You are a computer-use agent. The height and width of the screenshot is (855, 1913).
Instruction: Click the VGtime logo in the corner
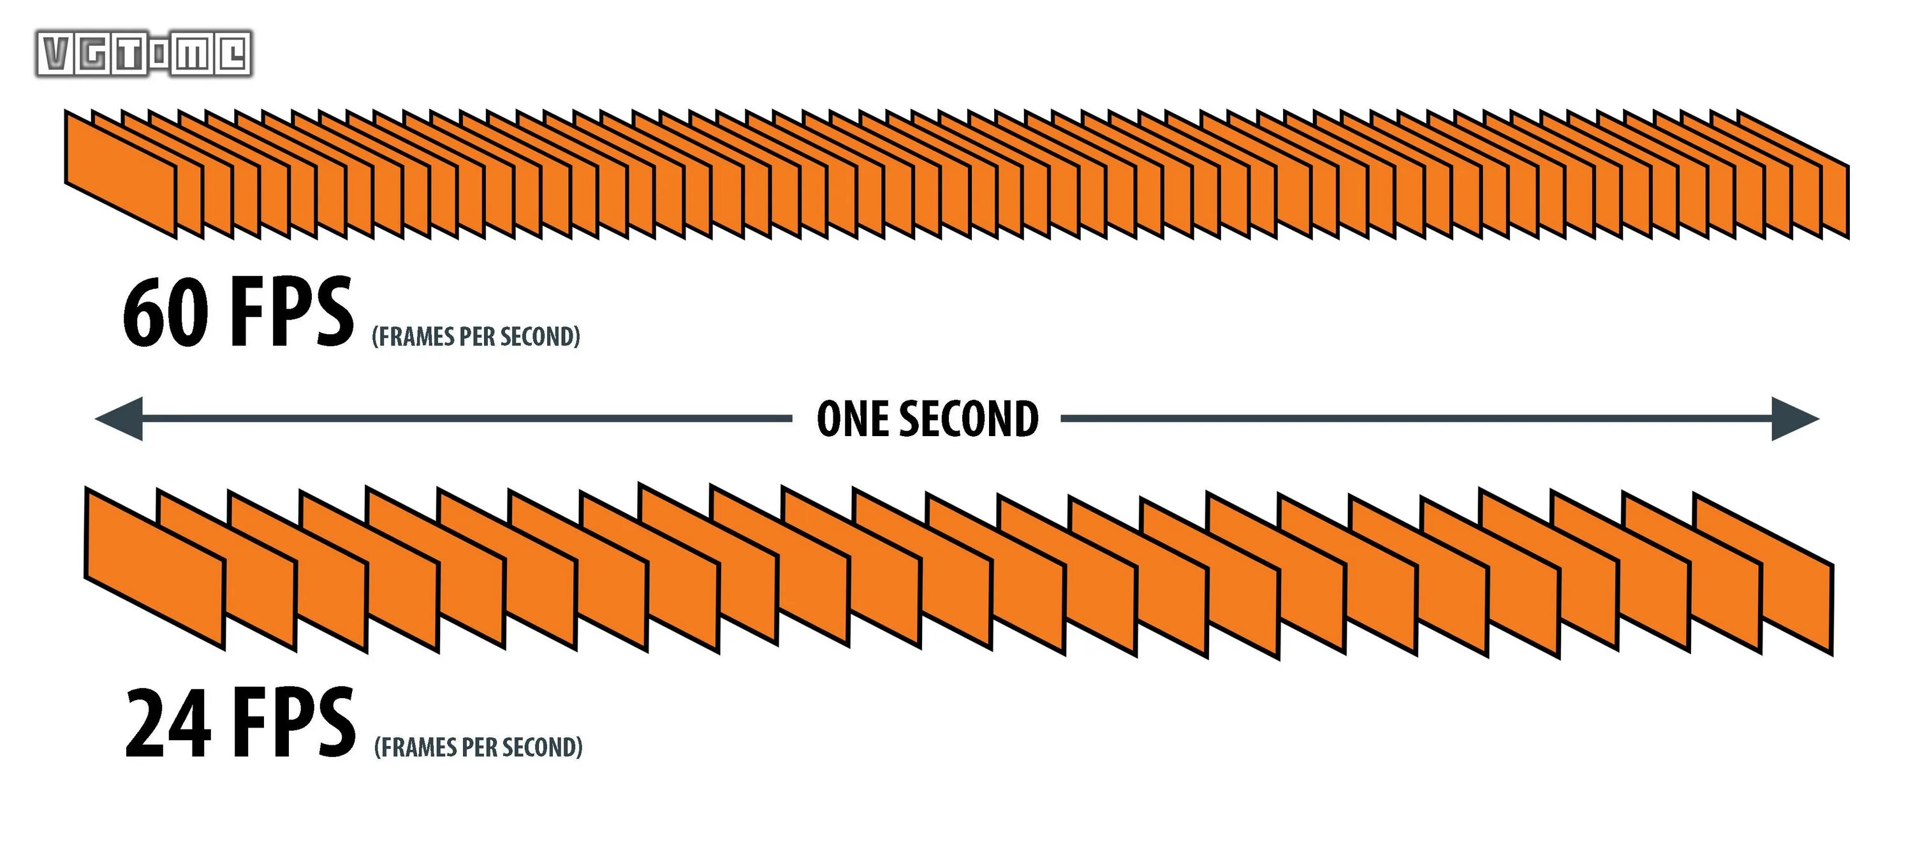[144, 54]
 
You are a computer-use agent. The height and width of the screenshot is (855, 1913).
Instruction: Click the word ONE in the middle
[852, 419]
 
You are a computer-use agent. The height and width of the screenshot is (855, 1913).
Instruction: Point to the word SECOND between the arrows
[969, 419]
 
